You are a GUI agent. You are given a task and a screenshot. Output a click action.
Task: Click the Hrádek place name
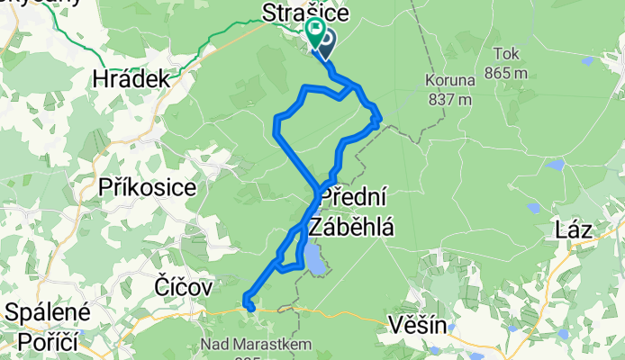click(x=131, y=79)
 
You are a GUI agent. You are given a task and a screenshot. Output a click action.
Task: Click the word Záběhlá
click(x=351, y=228)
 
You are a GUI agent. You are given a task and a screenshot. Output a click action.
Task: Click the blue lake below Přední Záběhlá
click(x=313, y=260)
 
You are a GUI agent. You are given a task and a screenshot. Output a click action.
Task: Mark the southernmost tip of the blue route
click(x=250, y=310)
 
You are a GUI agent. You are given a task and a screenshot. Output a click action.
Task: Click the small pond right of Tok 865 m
click(x=586, y=62)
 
